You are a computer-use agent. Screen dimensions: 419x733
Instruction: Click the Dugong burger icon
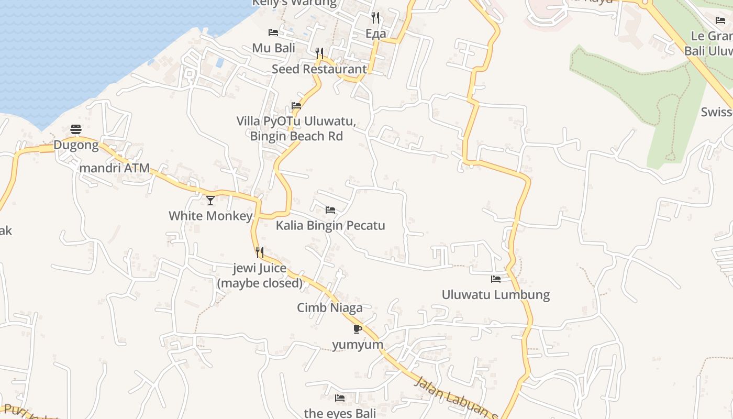[76, 129]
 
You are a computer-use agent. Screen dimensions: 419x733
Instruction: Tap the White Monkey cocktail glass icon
[210, 200]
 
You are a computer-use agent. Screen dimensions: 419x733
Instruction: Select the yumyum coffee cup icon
[358, 329]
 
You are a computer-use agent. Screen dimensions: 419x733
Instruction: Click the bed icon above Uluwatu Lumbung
[495, 279]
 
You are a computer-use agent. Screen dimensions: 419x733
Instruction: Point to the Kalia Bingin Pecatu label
[330, 226]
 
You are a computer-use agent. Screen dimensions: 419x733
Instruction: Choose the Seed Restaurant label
[319, 69]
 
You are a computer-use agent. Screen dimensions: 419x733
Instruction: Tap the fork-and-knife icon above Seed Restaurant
[319, 53]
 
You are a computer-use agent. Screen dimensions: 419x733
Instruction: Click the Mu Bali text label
[274, 48]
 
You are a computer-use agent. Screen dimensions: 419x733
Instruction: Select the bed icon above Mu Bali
[273, 32]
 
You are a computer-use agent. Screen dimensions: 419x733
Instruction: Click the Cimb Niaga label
[330, 308]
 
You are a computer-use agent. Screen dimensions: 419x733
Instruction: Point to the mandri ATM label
[115, 169]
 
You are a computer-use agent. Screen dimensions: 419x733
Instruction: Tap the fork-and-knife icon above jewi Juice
[259, 252]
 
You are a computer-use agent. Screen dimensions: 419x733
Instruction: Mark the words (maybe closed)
[260, 283]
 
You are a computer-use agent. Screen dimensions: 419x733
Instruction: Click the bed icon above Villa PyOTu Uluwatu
[296, 106]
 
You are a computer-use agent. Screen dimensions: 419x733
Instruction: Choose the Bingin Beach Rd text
[296, 136]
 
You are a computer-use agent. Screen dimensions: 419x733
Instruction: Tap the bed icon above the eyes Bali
[340, 398]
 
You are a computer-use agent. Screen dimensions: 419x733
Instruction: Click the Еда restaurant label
[375, 34]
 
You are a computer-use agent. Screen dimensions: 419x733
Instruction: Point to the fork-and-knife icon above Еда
[375, 18]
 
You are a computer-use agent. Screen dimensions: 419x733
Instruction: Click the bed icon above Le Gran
[720, 20]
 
